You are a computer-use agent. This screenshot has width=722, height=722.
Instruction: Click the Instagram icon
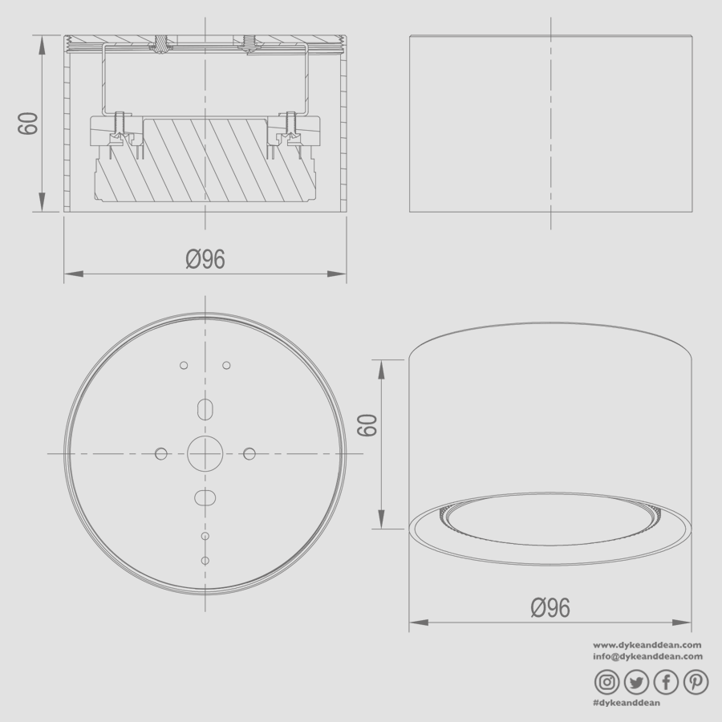click(607, 682)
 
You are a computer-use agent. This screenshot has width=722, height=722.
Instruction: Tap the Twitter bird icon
click(637, 682)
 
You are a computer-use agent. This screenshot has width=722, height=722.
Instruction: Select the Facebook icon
click(667, 682)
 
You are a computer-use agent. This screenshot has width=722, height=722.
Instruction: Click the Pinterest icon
click(696, 682)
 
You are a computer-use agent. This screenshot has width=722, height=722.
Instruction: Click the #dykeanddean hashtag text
click(627, 703)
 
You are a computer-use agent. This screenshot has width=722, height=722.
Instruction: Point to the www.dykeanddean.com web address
click(648, 644)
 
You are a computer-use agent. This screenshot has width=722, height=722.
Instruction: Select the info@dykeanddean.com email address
click(648, 656)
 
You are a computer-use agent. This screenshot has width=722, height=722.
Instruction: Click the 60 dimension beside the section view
click(29, 124)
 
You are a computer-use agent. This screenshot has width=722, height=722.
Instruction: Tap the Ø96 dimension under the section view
click(205, 259)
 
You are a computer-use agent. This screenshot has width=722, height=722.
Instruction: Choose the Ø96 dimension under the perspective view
click(550, 608)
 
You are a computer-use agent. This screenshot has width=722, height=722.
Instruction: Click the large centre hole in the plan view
click(205, 454)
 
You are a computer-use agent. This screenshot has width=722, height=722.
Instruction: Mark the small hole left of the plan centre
click(161, 454)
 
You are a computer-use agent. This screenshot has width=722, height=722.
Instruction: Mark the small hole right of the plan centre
click(249, 454)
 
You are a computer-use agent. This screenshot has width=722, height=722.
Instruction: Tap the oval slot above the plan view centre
click(205, 408)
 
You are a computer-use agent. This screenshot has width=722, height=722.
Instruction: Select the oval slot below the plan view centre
click(205, 497)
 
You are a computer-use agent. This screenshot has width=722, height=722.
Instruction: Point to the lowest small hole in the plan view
click(205, 559)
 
